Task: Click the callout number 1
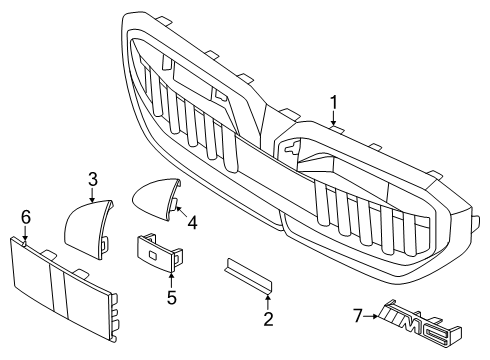pos(335,101)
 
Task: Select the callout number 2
pos(268,320)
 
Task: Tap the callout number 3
pos(92,179)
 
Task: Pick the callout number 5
pos(171,296)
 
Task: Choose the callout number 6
pos(26,215)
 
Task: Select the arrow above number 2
pos(268,303)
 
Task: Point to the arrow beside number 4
pos(179,212)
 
